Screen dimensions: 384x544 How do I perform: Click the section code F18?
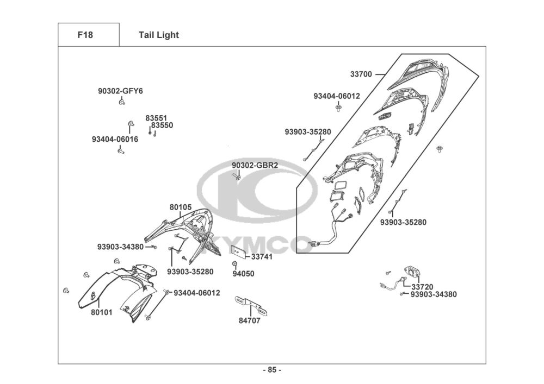click(x=85, y=35)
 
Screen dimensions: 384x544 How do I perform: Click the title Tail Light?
click(x=158, y=35)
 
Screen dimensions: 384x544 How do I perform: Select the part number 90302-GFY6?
click(x=120, y=91)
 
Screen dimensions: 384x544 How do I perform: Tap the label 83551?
click(x=156, y=118)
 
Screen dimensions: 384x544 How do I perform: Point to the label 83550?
click(x=162, y=125)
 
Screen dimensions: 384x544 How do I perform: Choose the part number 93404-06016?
click(x=115, y=139)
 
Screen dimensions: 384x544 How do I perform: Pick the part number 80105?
click(x=181, y=207)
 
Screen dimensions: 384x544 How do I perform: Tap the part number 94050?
click(x=243, y=274)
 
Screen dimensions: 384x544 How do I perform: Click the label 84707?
click(x=250, y=320)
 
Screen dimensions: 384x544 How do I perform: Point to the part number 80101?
click(x=102, y=312)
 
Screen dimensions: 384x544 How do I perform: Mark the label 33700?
click(x=361, y=74)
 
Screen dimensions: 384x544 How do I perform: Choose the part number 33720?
click(x=422, y=287)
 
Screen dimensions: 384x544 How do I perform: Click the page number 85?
click(x=272, y=370)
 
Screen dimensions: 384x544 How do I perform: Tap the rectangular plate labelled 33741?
click(x=238, y=250)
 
